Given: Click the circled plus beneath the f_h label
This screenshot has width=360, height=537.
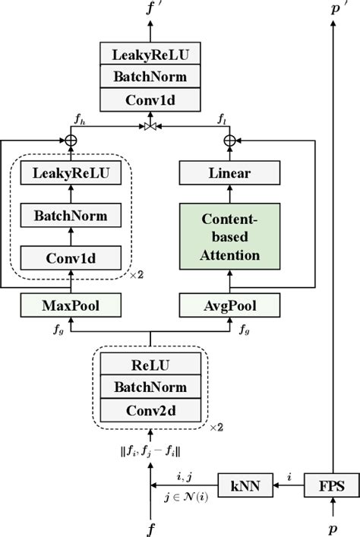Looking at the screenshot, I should click(x=71, y=140).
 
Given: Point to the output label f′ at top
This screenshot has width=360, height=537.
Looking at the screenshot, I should click(x=152, y=9).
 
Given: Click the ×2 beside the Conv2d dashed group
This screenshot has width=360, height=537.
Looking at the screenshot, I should click(x=216, y=427).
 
